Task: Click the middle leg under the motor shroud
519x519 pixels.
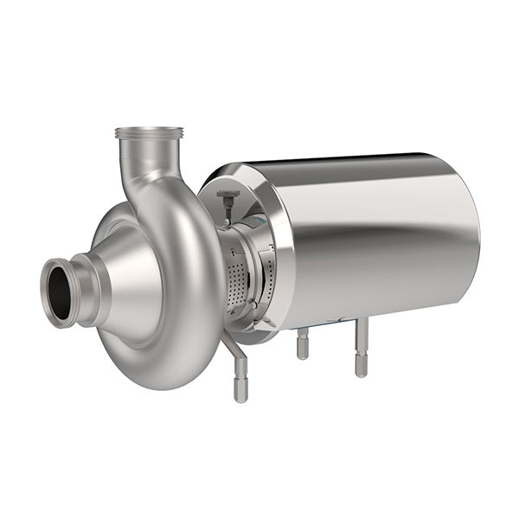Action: (302, 346)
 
